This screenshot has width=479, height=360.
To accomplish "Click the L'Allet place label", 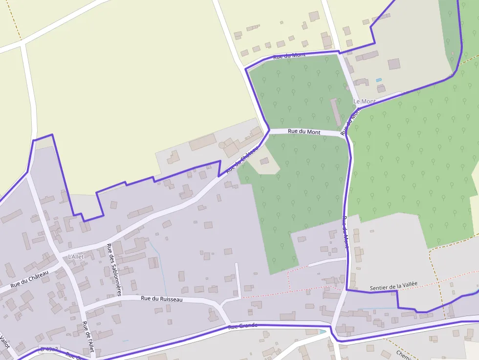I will point(76,256).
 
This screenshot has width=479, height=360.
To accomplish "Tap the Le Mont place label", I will point(365,102).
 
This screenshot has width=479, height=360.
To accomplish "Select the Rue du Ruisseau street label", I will point(161,298).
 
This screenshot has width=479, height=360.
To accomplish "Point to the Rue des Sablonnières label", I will point(114,270).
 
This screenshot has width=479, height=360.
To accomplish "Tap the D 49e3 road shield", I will point(49,349).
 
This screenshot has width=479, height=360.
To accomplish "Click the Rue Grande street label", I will point(242,326).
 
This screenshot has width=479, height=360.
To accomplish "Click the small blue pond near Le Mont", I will point(378,80).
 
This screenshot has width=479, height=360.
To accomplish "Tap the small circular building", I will point(222,145).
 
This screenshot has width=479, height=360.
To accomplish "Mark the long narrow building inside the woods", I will point(336,112).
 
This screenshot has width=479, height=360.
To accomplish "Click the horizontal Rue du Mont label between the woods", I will point(304,131).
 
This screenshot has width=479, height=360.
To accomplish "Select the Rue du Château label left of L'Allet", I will point(30,279).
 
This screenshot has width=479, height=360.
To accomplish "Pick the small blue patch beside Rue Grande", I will point(322,332).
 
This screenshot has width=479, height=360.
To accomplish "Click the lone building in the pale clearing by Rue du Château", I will point(264,161).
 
